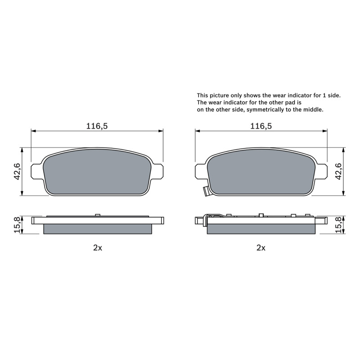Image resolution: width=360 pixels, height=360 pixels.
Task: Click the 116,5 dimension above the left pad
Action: coord(97,126)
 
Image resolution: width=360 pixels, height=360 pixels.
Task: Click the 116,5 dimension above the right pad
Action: coord(261,126)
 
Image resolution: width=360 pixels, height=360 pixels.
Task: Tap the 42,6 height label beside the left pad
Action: coord(17,171)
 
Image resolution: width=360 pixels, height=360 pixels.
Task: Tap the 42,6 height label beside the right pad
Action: coord(339,171)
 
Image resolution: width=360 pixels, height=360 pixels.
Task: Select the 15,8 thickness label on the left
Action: coord(18,225)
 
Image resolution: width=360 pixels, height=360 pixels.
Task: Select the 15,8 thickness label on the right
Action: coord(339,225)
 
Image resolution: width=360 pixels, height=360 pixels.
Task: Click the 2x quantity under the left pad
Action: coord(98,248)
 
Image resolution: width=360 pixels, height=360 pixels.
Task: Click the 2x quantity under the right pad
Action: coord(261,248)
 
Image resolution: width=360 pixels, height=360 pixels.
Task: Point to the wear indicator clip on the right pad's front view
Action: coord(206,191)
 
